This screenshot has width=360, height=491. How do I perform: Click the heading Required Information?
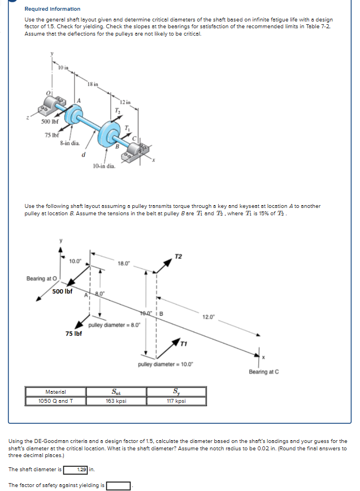click(x=53, y=9)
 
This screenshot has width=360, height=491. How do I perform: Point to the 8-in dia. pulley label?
click(x=69, y=143)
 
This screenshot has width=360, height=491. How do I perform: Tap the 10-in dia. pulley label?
click(x=104, y=166)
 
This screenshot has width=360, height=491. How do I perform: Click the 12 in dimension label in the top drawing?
click(x=125, y=102)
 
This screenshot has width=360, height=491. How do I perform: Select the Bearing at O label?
click(x=41, y=278)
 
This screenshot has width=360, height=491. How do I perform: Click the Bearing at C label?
click(x=264, y=371)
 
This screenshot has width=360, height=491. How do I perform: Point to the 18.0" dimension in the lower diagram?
click(x=124, y=263)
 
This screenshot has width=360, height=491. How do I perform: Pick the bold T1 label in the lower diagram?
click(x=185, y=344)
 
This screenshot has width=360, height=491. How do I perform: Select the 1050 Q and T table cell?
click(x=56, y=401)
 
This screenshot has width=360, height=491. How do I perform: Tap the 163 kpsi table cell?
click(x=116, y=401)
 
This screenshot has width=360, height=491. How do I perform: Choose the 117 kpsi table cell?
click(x=177, y=401)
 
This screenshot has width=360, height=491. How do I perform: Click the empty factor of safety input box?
click(x=119, y=485)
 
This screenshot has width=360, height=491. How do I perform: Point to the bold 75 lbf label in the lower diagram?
click(x=73, y=333)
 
